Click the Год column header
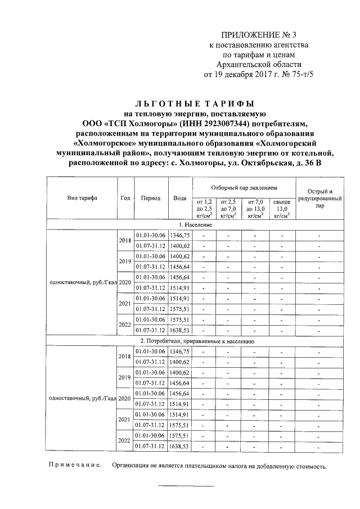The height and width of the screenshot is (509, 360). [x=125, y=198]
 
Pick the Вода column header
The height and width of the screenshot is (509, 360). [x=180, y=198]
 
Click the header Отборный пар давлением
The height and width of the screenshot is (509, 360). [x=244, y=187]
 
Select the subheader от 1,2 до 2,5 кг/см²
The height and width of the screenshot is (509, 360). [x=204, y=208]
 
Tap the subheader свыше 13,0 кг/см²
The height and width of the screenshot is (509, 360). [x=281, y=208]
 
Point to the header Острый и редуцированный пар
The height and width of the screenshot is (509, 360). [x=319, y=198]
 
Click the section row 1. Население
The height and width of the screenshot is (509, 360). [x=195, y=224]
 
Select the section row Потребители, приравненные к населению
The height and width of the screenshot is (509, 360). [x=197, y=341]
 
